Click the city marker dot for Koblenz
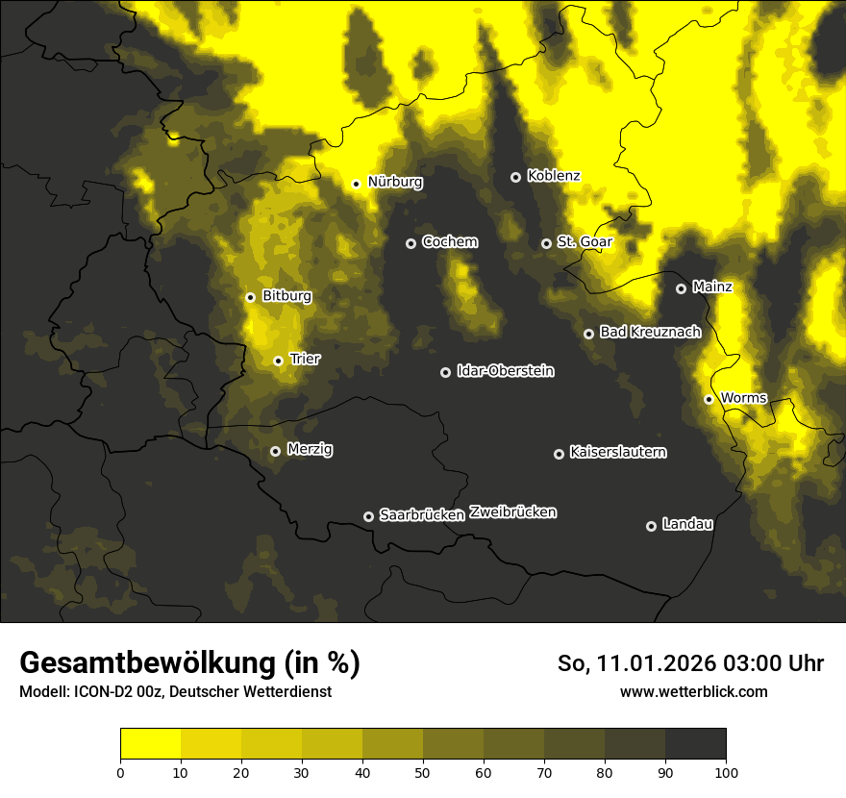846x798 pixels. point(515,177)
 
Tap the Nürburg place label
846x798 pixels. point(394,182)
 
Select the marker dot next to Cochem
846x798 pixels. point(411,243)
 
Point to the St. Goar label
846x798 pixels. point(585,242)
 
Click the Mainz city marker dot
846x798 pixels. point(681,288)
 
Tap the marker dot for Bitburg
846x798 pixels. point(250,297)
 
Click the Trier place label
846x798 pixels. point(305,360)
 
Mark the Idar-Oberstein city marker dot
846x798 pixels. point(445,372)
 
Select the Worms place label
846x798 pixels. point(742,398)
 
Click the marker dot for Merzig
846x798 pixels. point(275,451)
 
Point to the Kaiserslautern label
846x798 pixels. point(617,452)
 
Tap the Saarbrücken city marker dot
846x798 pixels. point(368,516)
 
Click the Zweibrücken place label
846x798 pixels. point(512,512)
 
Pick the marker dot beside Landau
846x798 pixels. point(651,526)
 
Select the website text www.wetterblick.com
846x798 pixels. point(693,691)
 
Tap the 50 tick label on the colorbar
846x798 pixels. point(423,772)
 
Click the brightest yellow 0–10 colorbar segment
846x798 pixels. point(150,743)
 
